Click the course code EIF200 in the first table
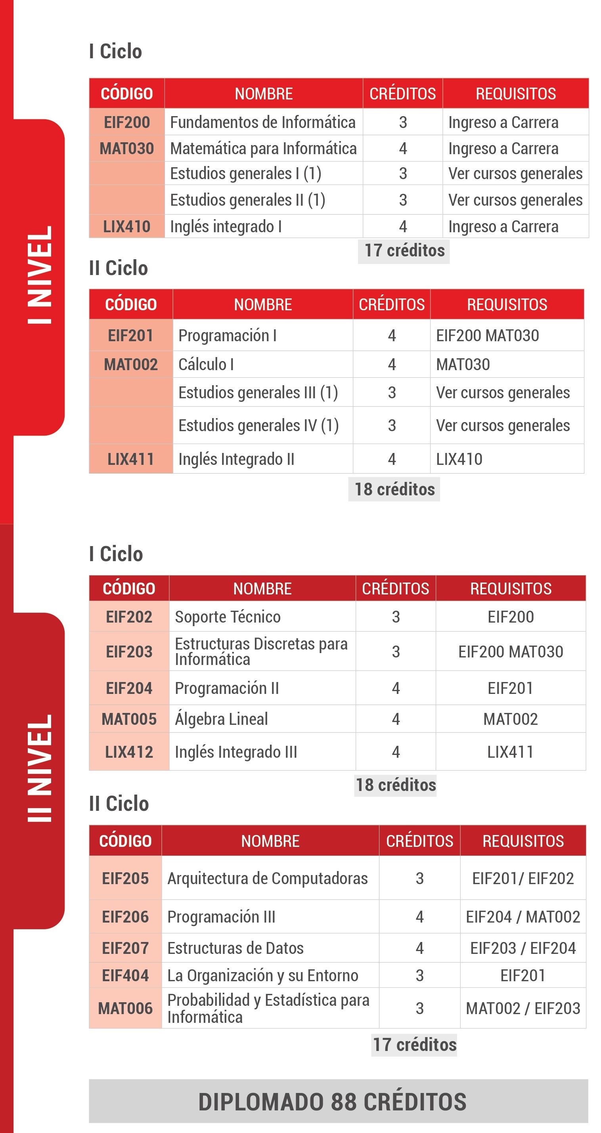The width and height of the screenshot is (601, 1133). coord(127,122)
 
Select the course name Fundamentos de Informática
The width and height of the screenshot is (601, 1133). coord(263,122)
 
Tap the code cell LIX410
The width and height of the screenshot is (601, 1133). coord(127,227)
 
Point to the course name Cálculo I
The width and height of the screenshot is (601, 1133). coord(206,364)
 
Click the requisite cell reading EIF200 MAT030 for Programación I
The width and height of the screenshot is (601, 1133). coord(487,336)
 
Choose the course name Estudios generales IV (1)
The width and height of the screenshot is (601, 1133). coord(258,425)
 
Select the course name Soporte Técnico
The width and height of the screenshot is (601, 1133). coord(228,617)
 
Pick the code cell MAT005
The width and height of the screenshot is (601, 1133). coord(129,719)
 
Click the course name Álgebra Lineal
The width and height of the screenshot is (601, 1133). coord(221,719)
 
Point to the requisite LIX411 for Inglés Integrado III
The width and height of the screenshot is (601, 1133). coord(510,752)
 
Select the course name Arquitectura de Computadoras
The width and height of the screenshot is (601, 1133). coord(268,878)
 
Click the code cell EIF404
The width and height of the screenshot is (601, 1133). coord(125,976)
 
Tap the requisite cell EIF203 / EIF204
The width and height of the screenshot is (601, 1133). coord(523,948)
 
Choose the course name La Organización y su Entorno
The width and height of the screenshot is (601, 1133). coord(263,976)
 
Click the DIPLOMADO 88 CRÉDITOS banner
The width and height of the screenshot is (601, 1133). coord(338,1101)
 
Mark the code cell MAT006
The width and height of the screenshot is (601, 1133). coord(125,1008)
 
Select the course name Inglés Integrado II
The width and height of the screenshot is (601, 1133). coord(236,459)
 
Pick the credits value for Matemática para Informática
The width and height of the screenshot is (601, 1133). coord(402,149)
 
